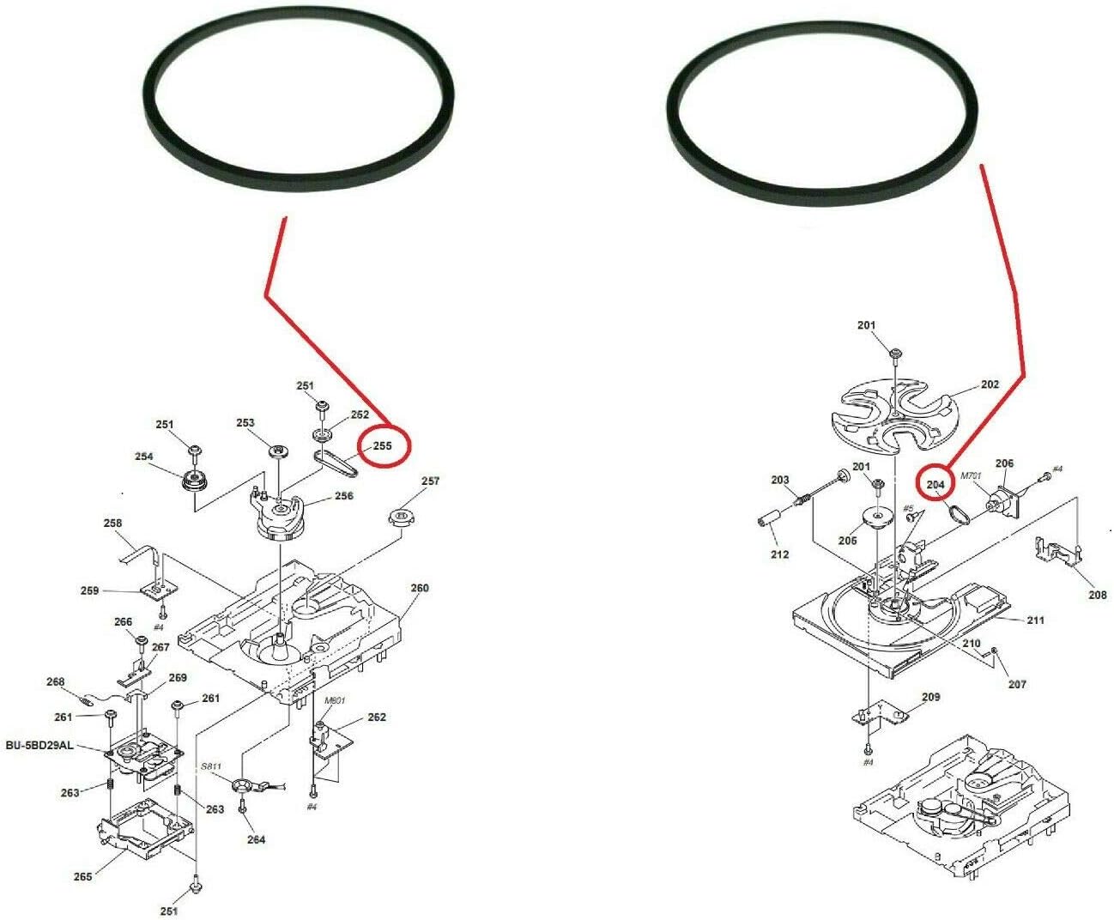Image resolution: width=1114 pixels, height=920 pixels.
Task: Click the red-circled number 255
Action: click(381, 445)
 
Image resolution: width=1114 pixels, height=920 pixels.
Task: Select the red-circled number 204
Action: click(935, 485)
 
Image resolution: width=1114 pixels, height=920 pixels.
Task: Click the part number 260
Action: click(419, 589)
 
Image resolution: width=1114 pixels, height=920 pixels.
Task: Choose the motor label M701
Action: click(971, 475)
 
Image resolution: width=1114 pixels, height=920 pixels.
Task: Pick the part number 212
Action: click(779, 554)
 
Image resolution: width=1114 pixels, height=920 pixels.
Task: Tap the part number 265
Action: click(82, 876)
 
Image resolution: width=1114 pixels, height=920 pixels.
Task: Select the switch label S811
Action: click(211, 766)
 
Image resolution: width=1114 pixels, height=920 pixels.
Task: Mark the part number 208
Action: click(1097, 594)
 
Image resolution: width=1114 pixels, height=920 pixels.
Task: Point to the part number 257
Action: click(430, 481)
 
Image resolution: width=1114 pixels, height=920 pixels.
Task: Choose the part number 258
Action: click(112, 523)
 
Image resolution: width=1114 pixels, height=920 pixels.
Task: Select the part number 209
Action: click(930, 697)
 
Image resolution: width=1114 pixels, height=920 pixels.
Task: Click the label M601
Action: click(334, 700)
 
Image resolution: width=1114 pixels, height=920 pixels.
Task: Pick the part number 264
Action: click(256, 839)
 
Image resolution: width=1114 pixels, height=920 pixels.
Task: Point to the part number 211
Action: click(1036, 620)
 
